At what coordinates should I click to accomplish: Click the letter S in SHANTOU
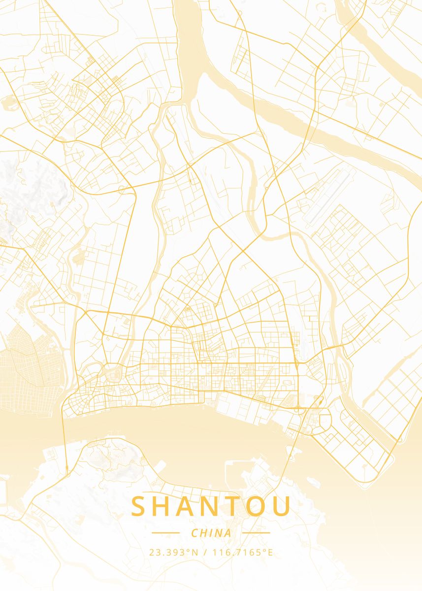[x=140, y=507]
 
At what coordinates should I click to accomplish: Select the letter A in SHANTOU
[x=189, y=507]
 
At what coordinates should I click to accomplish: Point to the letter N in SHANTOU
[x=214, y=507]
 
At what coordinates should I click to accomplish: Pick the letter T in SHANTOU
[x=236, y=507]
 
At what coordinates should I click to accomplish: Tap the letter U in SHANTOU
[x=282, y=507]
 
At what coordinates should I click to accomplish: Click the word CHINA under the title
[x=211, y=533]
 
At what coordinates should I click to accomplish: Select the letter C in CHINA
[x=194, y=533]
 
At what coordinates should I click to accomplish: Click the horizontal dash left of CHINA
[x=165, y=532]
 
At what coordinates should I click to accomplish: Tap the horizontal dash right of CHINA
[x=256, y=532]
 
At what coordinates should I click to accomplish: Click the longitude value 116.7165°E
[x=242, y=552]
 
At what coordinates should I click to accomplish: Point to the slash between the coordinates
[x=205, y=552]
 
